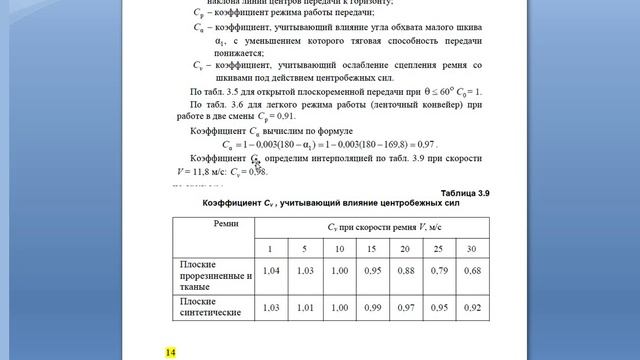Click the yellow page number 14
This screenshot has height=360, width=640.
pyautogui.click(x=170, y=352)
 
